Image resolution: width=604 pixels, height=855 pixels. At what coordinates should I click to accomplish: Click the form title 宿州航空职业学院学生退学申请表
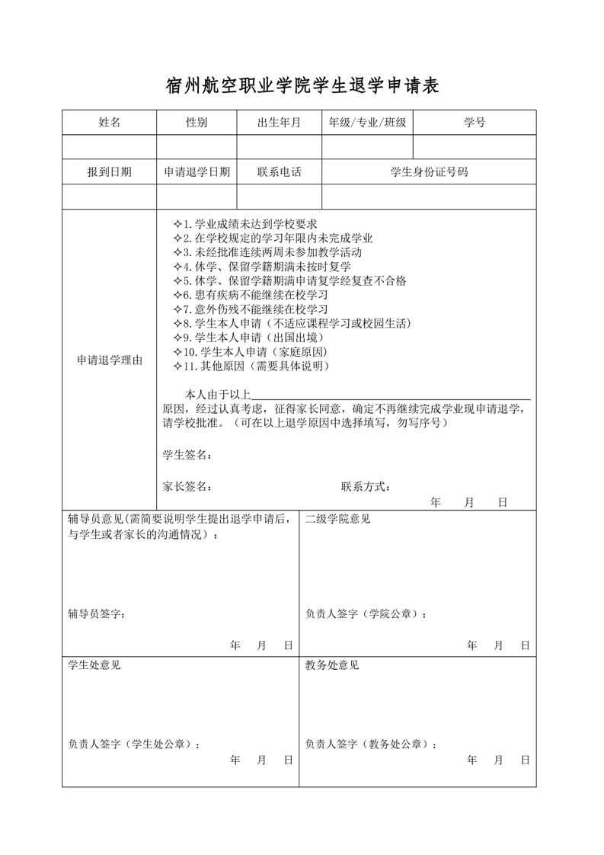pyautogui.click(x=302, y=86)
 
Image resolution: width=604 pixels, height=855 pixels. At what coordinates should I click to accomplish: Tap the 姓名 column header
pyautogui.click(x=110, y=123)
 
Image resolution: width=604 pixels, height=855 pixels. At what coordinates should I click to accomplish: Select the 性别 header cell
pyautogui.click(x=197, y=123)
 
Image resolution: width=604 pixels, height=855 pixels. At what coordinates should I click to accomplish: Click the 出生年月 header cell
pyautogui.click(x=279, y=123)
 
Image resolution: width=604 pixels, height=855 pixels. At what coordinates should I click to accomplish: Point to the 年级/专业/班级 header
pyautogui.click(x=367, y=123)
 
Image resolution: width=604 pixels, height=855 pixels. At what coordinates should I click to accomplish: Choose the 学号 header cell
pyautogui.click(x=475, y=123)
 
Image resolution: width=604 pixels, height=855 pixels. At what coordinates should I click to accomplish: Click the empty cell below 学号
pyautogui.click(x=475, y=146)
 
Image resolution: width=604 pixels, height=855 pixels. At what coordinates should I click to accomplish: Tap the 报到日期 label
pyautogui.click(x=110, y=172)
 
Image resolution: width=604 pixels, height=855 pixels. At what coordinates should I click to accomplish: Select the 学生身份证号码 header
pyautogui.click(x=429, y=172)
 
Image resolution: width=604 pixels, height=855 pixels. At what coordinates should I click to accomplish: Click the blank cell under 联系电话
pyautogui.click(x=279, y=197)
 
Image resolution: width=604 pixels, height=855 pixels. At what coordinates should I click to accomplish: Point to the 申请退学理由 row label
pyautogui.click(x=110, y=360)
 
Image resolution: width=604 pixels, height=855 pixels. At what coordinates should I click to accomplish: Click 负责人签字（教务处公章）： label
pyautogui.click(x=372, y=744)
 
